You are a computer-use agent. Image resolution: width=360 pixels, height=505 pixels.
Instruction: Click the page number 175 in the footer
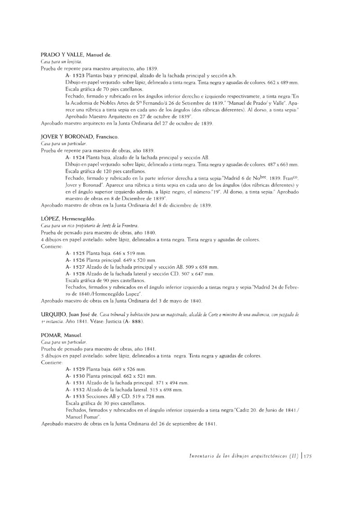[x=308, y=456]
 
